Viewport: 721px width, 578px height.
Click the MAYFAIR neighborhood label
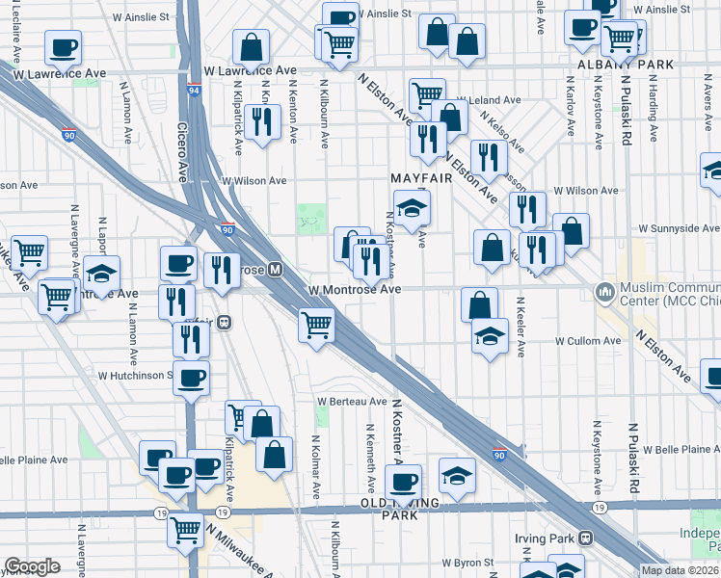pos(421,178)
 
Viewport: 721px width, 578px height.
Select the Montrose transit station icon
pos(275,270)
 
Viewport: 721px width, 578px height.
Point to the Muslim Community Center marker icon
pos(605,289)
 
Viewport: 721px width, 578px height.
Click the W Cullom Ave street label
pos(587,341)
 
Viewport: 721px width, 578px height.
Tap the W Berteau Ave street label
pos(353,401)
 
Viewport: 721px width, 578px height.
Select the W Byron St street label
pos(466,562)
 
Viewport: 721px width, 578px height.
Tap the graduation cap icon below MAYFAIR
pos(412,208)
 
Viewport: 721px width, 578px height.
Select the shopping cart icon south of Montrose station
pos(315,326)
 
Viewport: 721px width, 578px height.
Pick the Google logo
pos(32,566)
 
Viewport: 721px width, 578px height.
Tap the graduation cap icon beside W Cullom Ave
pos(490,336)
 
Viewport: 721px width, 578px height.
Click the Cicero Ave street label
pos(181,150)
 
